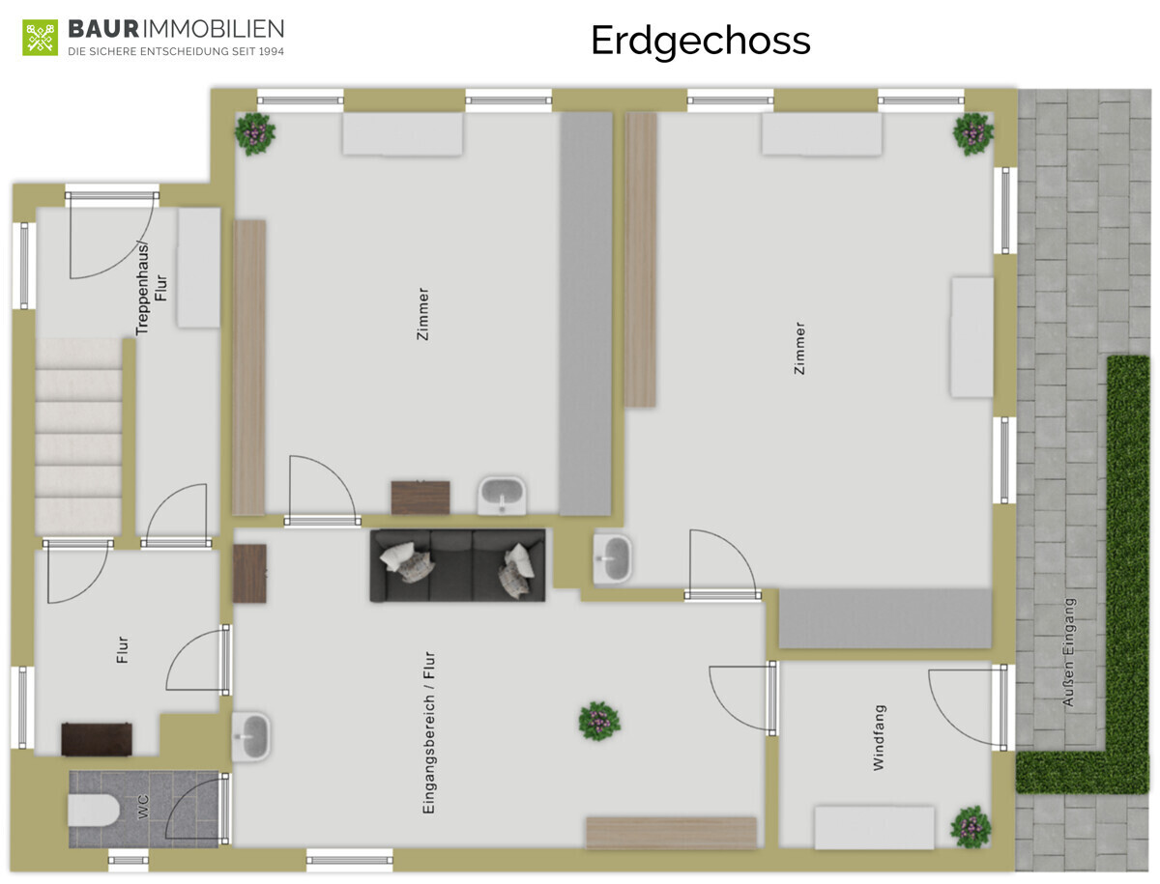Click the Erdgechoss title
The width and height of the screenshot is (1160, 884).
[700, 41]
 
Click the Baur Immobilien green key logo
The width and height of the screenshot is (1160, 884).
[41, 37]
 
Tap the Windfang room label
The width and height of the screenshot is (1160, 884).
[879, 736]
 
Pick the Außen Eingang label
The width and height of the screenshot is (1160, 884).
[1068, 651]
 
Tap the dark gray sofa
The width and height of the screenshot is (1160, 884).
[457, 565]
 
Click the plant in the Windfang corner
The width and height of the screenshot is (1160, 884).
[970, 826]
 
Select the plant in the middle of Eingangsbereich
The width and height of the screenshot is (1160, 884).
[598, 721]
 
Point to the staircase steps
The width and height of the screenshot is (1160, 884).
[79, 435]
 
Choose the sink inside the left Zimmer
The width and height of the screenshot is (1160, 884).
[502, 495]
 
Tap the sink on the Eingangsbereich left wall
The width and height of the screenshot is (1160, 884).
[251, 736]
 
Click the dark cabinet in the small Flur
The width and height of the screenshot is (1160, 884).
[96, 739]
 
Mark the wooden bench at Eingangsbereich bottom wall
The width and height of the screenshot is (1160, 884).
[671, 833]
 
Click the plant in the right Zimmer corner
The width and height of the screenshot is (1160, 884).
[972, 134]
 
